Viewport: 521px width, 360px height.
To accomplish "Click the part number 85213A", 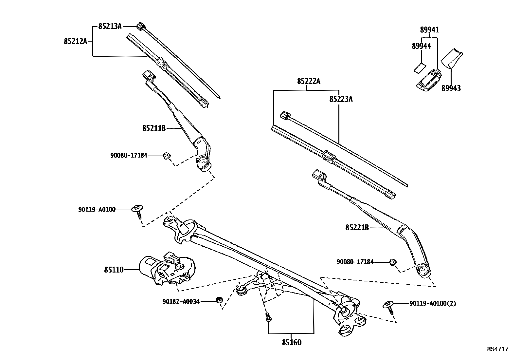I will pos(110,27).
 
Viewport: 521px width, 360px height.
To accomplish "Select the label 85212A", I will pos(76,41).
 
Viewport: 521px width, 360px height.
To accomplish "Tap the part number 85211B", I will pos(154,128).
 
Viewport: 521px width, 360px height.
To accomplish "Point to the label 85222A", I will pos(309,81).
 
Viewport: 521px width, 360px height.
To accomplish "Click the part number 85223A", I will pos(341,99).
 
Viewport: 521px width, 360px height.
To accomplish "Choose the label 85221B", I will pos(357,227).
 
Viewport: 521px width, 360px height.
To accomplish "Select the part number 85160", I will pos(292,343).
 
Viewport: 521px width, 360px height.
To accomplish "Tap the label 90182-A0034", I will pos(181,301).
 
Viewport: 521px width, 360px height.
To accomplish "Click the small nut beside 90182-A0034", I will pos(219,299).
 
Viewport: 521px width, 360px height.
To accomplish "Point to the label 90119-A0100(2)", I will pos(432,303).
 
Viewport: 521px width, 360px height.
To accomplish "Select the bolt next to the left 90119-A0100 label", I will pos(138,210).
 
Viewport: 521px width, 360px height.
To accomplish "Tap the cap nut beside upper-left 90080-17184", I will pos(166,155).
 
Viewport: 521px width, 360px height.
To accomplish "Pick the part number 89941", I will pos(430,30).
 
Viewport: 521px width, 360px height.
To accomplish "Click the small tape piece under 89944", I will pos(419,67).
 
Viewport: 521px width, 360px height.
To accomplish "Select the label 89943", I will pos(451,88).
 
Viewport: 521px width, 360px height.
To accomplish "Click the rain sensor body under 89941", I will pos(429,80).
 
